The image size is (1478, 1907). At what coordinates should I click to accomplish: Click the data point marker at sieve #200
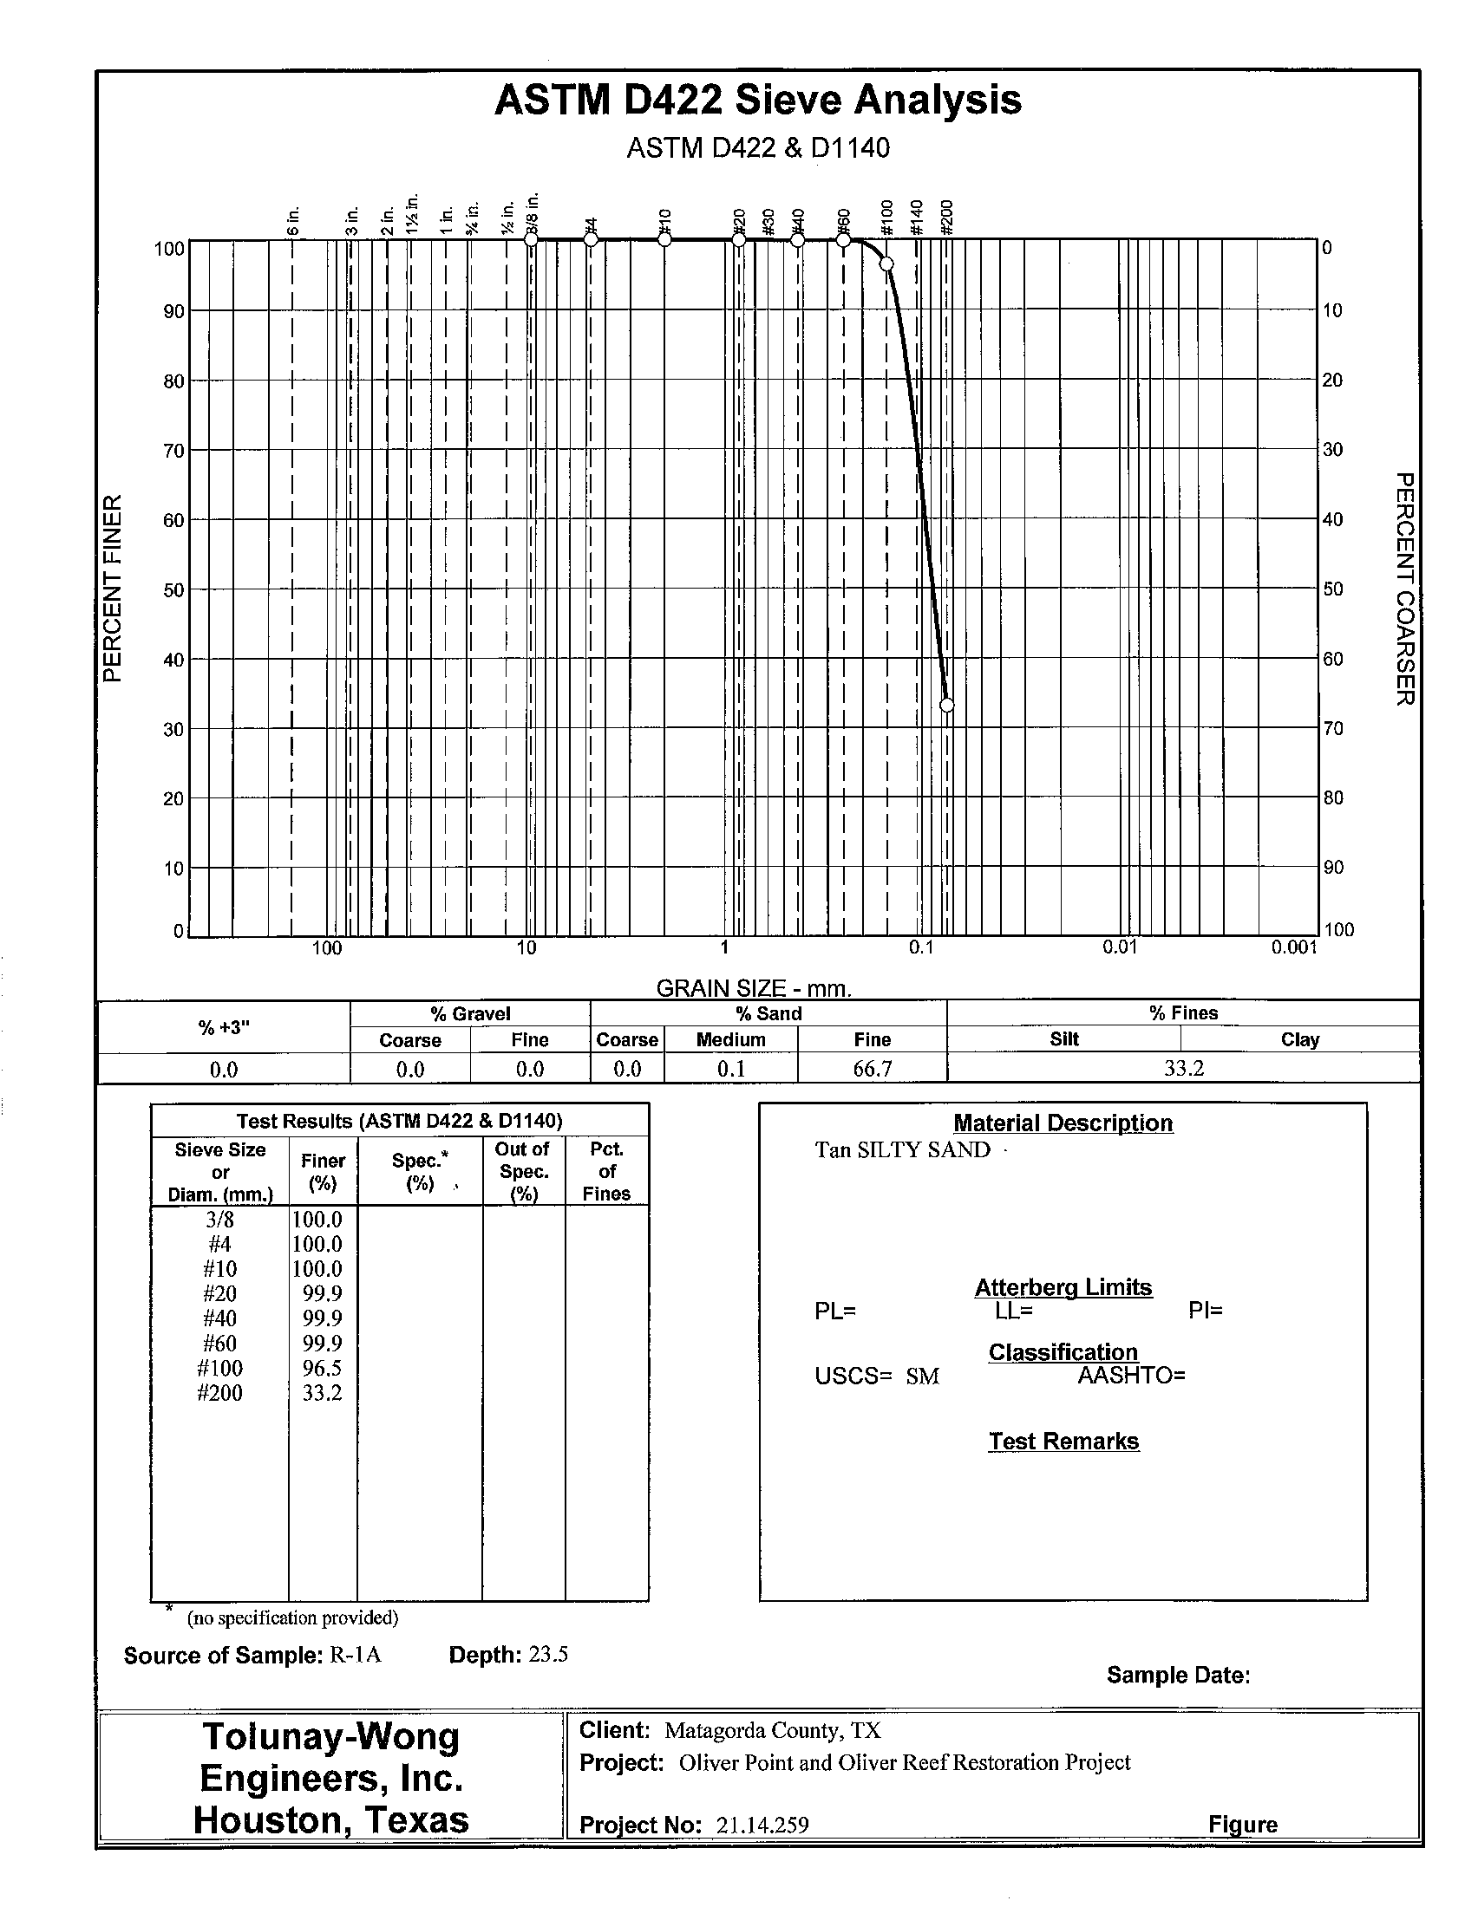[946, 705]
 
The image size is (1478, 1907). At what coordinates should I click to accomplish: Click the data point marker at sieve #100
[886, 264]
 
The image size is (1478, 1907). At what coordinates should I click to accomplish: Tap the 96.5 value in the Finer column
[322, 1367]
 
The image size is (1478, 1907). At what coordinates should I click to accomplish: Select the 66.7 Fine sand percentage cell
[872, 1069]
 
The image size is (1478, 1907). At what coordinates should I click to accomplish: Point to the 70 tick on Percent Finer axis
[173, 451]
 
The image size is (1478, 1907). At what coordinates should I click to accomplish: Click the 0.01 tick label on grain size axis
[1119, 947]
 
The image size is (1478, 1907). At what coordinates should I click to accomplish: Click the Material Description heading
[1063, 1123]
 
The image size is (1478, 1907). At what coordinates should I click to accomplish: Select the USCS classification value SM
[921, 1377]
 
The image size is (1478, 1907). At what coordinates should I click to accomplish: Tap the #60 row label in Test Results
[219, 1343]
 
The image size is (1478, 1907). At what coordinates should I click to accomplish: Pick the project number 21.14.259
[762, 1825]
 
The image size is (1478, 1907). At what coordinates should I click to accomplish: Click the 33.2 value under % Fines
[1184, 1069]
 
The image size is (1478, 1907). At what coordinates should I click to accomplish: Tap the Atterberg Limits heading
[1063, 1287]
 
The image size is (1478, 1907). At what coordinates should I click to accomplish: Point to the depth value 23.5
[547, 1655]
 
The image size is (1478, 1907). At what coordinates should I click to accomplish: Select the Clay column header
[1299, 1039]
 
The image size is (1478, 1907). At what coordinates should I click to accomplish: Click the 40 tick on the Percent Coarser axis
[1332, 519]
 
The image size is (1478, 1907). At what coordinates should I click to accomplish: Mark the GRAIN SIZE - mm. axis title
[753, 988]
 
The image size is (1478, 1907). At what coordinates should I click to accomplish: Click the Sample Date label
[1178, 1675]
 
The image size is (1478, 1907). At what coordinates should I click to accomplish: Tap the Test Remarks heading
[1063, 1441]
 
